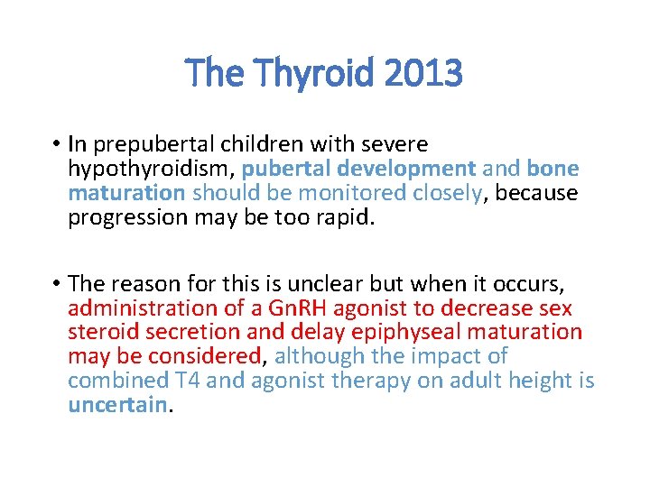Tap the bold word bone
point(552,169)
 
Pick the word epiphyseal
point(420,333)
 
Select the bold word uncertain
point(117,405)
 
